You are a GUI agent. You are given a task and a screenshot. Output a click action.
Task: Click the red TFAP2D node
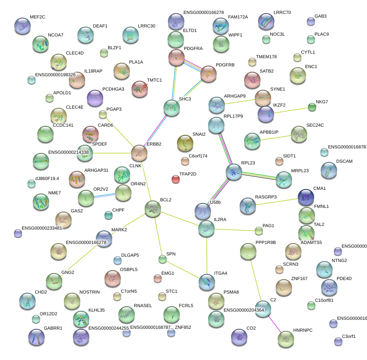pyautogui.click(x=176, y=179)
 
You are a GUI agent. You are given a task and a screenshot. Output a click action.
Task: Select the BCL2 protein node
pyautogui.click(x=153, y=209)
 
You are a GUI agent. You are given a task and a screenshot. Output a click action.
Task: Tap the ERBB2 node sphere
pyautogui.click(x=139, y=153)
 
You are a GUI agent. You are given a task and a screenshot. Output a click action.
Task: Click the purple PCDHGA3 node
pyautogui.click(x=95, y=98)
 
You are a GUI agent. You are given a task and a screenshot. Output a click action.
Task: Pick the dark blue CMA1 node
pyautogui.click(x=306, y=197)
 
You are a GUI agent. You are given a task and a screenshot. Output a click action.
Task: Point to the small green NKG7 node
pyautogui.click(x=312, y=107)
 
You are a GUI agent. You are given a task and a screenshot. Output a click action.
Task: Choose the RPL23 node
pyautogui.click(x=234, y=172)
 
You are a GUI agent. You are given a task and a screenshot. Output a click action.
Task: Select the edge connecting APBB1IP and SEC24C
pyautogui.click(x=276, y=137)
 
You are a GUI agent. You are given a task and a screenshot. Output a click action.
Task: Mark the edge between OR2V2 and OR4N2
pyautogui.click(x=104, y=196)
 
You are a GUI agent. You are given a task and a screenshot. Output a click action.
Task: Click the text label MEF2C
pyautogui.click(x=37, y=17)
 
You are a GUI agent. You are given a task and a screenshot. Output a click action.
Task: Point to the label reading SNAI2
pyautogui.click(x=199, y=134)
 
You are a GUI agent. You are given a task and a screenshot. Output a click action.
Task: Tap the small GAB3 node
pyautogui.click(x=311, y=21)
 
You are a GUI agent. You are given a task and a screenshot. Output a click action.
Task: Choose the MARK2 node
pyautogui.click(x=104, y=238)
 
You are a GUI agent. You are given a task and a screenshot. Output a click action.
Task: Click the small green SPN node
pyautogui.click(x=162, y=259)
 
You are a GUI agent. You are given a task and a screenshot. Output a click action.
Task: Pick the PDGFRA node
pyautogui.click(x=177, y=57)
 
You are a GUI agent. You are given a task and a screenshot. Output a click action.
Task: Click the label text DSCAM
pyautogui.click(x=344, y=162)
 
